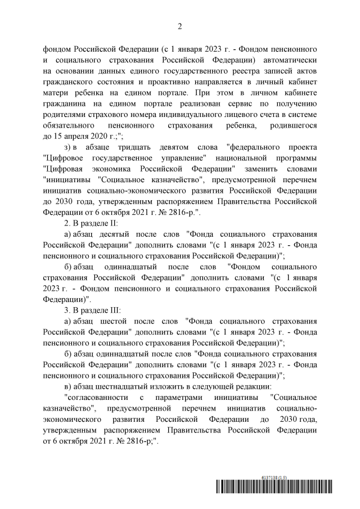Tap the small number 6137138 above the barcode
(263, 476)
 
